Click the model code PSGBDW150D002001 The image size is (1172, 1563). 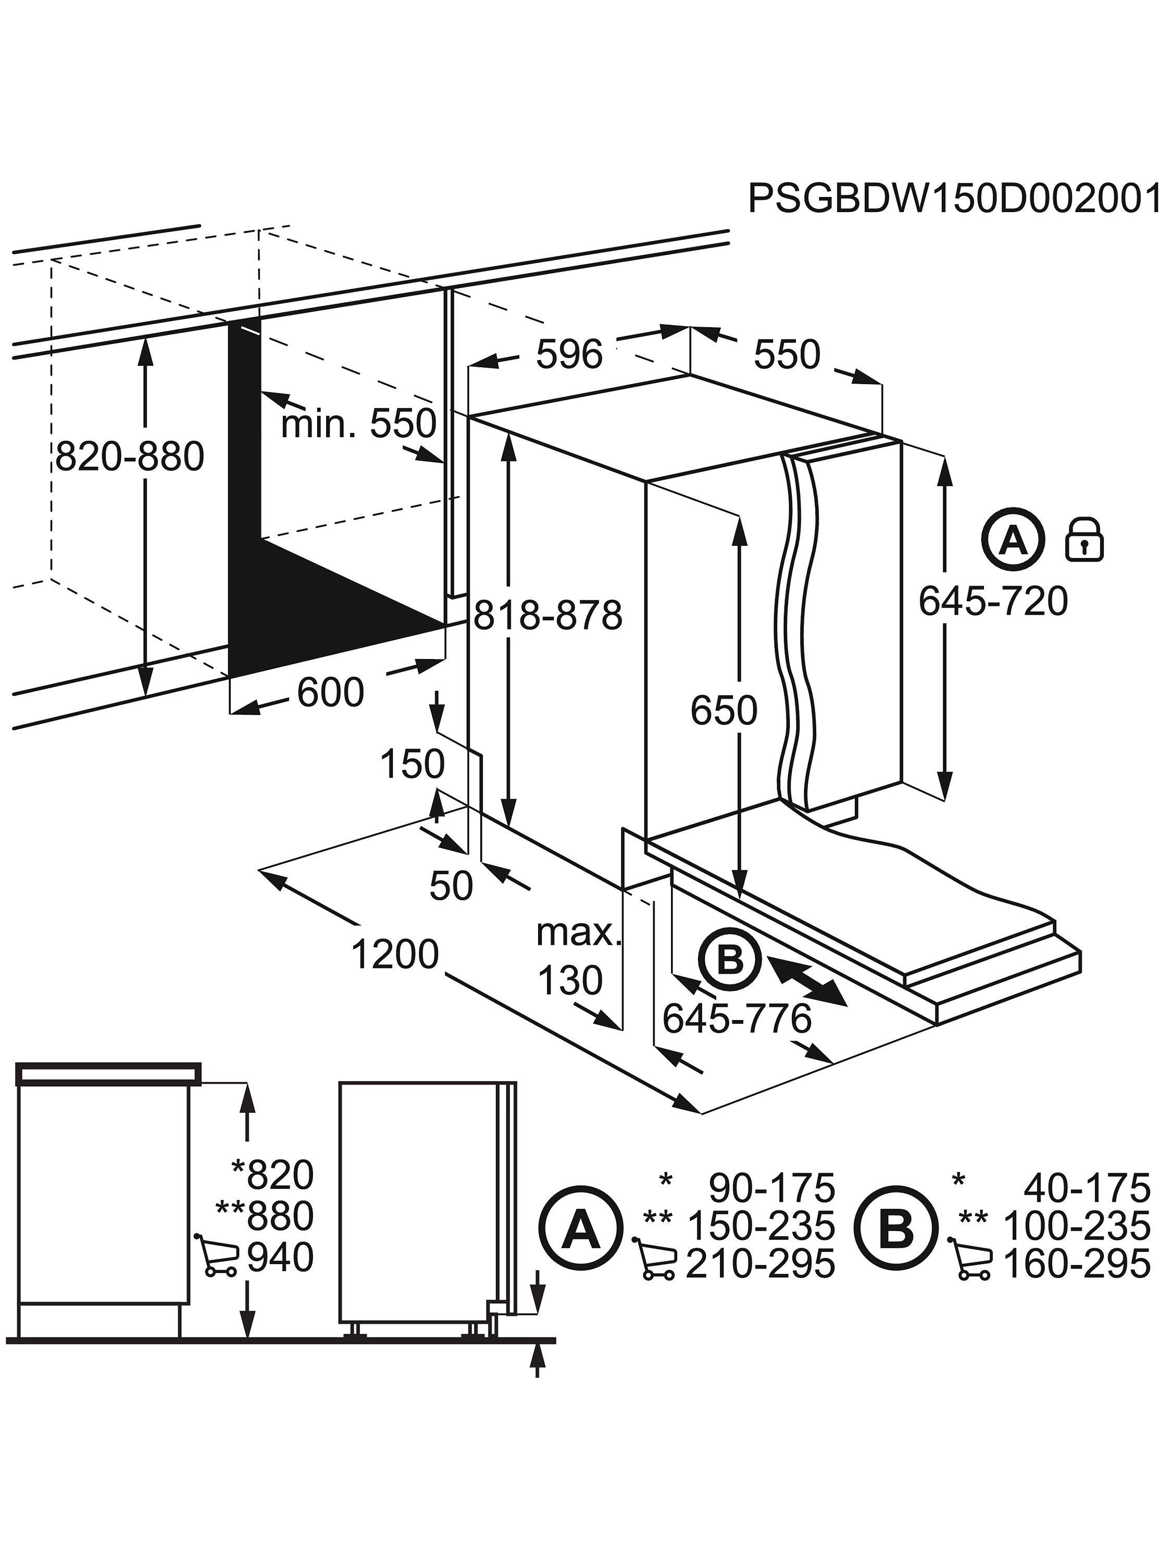click(x=954, y=199)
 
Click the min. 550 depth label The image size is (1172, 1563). click(x=358, y=424)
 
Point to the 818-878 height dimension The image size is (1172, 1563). click(x=547, y=614)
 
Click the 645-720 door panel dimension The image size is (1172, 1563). click(x=993, y=602)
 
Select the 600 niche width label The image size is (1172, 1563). click(x=330, y=692)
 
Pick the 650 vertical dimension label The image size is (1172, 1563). click(x=724, y=710)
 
